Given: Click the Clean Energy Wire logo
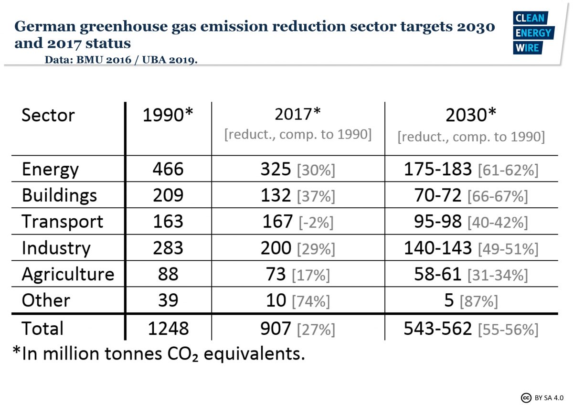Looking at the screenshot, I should click(x=533, y=33).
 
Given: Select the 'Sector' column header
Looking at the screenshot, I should click(x=48, y=116).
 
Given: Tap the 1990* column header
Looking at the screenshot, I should click(x=168, y=116).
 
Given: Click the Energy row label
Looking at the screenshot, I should click(x=50, y=170).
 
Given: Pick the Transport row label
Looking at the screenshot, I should click(x=62, y=222).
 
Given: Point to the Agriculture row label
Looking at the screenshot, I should click(x=68, y=274).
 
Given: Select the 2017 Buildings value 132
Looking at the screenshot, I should click(x=276, y=195).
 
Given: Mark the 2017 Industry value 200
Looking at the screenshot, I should click(x=276, y=248).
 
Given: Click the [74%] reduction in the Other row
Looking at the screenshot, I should click(x=311, y=301).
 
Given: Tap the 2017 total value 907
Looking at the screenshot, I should click(x=276, y=329).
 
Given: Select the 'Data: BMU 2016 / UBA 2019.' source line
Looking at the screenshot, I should click(x=121, y=60).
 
